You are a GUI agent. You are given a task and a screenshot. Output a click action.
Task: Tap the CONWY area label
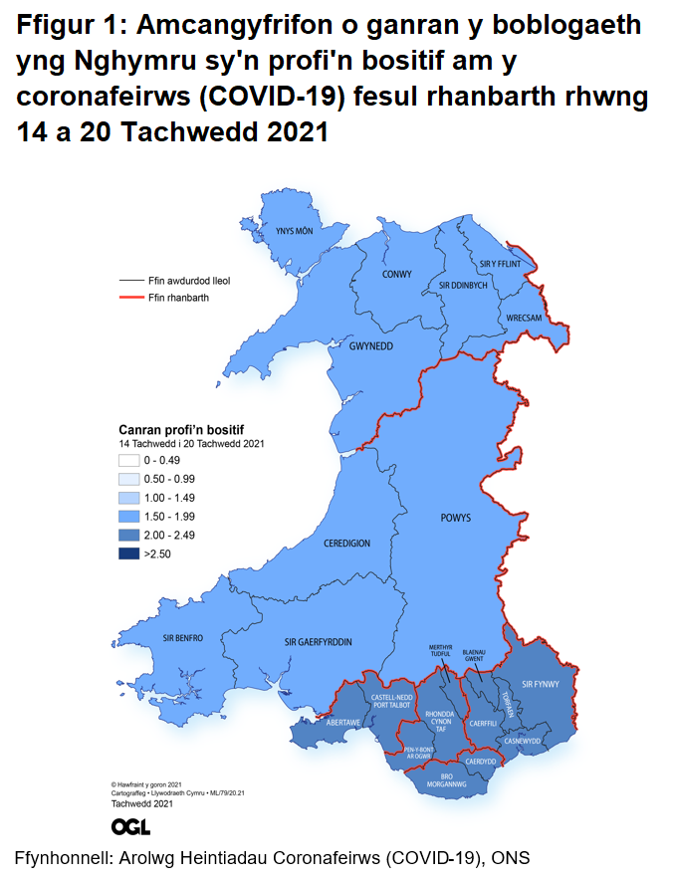point(397,274)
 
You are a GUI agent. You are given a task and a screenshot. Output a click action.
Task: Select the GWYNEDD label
point(371,345)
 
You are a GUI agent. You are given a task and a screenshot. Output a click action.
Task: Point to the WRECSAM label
point(524,318)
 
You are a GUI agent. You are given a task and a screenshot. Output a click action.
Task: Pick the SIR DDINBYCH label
point(463,285)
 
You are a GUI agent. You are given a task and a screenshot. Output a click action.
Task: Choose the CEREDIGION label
point(346,544)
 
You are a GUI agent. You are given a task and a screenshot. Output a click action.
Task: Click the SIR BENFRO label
point(183,637)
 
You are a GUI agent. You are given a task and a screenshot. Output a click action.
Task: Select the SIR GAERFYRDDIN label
point(318,642)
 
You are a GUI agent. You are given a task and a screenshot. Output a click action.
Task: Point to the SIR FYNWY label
point(542,684)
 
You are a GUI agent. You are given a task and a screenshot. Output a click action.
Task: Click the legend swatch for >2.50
point(128,553)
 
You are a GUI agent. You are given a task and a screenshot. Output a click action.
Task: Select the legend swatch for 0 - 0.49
point(128,460)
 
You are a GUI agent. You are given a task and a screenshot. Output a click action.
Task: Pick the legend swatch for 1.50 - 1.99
point(128,516)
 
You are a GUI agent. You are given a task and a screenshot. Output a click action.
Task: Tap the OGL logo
point(131,826)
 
